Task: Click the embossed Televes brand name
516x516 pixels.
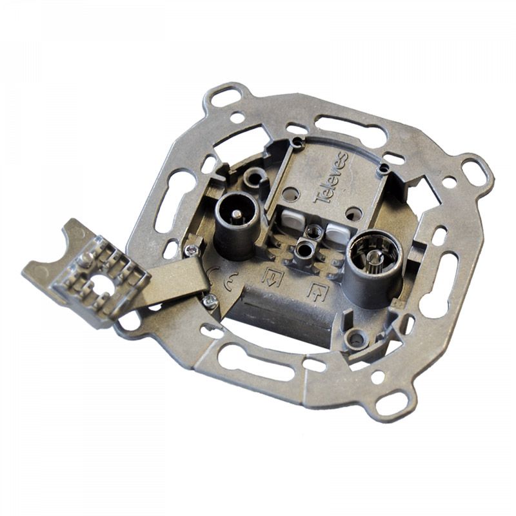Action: point(332,179)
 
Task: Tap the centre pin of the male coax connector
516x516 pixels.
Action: point(236,214)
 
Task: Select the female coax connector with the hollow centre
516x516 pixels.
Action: point(375,266)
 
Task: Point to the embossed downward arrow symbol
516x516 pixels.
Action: point(272,277)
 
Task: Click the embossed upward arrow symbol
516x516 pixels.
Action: point(318,292)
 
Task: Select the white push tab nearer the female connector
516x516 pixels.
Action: point(338,233)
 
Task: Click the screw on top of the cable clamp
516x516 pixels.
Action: point(86,259)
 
